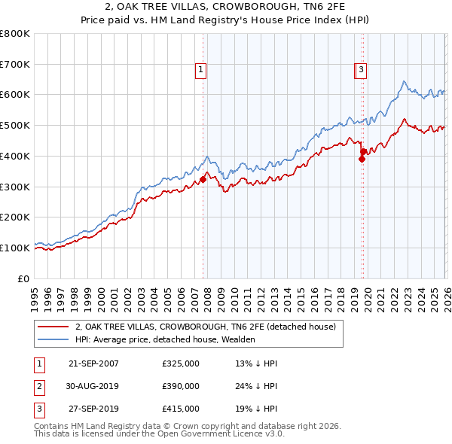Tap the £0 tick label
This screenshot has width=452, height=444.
coord(23,278)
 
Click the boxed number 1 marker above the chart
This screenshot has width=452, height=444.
coord(201,70)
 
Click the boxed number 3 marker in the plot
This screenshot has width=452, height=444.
coord(362,70)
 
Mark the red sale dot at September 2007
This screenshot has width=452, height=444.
coord(203,179)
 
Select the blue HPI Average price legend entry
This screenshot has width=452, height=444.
coord(165,339)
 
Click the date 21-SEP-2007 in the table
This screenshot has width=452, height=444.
coord(93,363)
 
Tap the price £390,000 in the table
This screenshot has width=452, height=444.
coord(181,386)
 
